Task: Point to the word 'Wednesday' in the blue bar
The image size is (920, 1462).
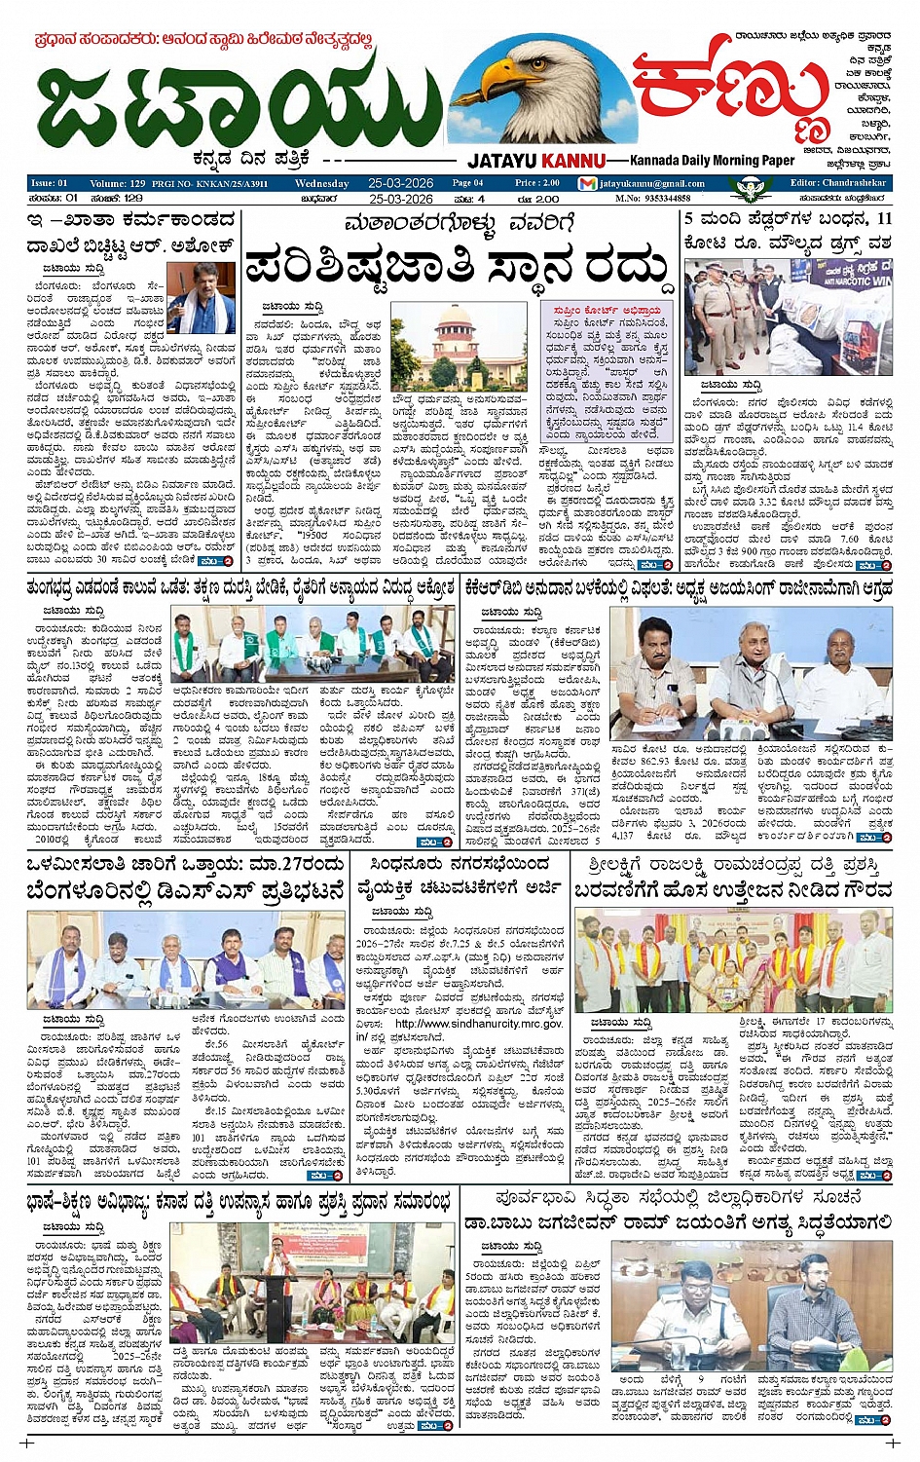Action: click(321, 183)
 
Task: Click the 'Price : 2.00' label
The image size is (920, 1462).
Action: click(537, 183)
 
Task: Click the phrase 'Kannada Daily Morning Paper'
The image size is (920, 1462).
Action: click(712, 161)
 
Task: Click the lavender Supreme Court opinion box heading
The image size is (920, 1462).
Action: click(606, 311)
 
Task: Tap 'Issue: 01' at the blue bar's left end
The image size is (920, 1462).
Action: click(50, 183)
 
